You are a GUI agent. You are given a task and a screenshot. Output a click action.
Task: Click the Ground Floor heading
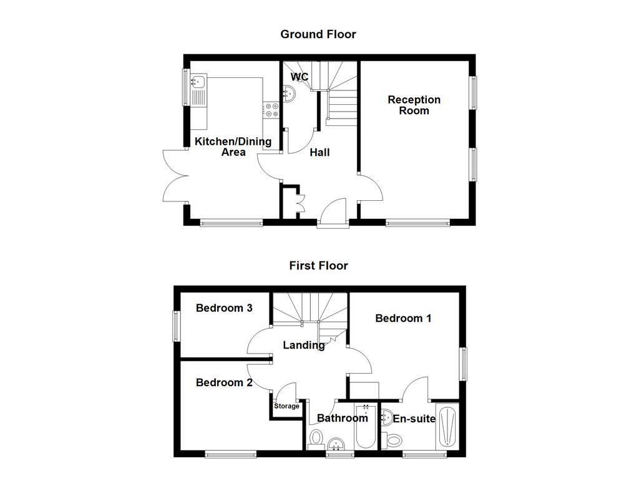(x=318, y=34)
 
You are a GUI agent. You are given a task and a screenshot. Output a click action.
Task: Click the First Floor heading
(x=318, y=266)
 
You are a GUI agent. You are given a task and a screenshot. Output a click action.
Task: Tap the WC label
(x=300, y=77)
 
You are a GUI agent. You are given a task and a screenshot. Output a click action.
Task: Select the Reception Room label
(x=414, y=105)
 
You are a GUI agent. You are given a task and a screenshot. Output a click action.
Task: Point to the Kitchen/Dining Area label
(x=233, y=147)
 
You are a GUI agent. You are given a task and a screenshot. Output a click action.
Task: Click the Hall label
(x=319, y=152)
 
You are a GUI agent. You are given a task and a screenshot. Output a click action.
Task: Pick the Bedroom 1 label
(x=403, y=318)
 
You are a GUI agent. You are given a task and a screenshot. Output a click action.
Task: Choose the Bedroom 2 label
(x=224, y=382)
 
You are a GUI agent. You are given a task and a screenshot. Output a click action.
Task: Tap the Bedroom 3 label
(x=224, y=308)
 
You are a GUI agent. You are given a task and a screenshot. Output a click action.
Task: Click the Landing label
(x=304, y=345)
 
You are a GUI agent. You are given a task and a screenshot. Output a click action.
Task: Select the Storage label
(x=286, y=406)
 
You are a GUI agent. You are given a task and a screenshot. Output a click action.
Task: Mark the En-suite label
(x=414, y=419)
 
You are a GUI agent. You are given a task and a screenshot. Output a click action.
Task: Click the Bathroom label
(x=342, y=418)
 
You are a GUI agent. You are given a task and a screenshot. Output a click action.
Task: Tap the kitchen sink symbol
(x=199, y=81)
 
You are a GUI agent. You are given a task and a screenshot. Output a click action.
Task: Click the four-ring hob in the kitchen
(x=271, y=110)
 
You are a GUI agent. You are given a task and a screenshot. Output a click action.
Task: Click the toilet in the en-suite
(x=394, y=441)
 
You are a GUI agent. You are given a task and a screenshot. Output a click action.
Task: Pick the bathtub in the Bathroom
(x=365, y=427)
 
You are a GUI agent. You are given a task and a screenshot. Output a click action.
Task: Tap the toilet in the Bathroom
(x=316, y=438)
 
